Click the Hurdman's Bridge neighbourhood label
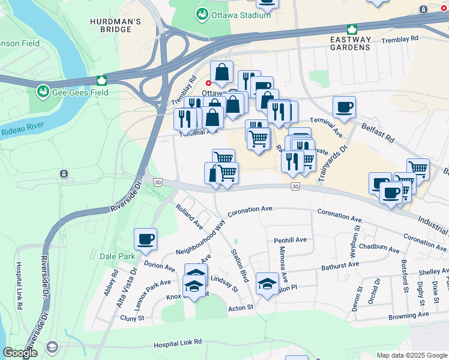pyautogui.click(x=115, y=28)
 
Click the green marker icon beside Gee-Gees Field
pyautogui.click(x=43, y=92)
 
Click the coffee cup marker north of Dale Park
pyautogui.click(x=145, y=240)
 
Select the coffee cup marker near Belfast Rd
pyautogui.click(x=344, y=107)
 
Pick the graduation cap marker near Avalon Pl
pyautogui.click(x=267, y=284)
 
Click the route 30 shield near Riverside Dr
pyautogui.click(x=157, y=182)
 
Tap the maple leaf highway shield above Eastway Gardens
pyautogui.click(x=352, y=29)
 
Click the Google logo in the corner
pyautogui.click(x=20, y=353)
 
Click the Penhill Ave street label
pyautogui.click(x=291, y=240)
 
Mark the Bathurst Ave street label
pyautogui.click(x=340, y=264)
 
